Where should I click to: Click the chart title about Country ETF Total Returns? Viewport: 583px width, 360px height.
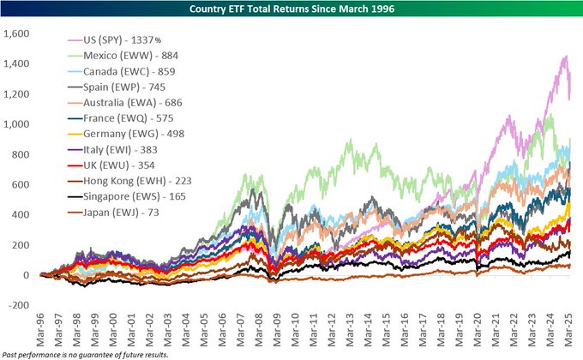pyautogui.click(x=291, y=9)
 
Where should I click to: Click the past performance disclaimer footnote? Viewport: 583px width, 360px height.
pyautogui.click(x=84, y=353)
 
